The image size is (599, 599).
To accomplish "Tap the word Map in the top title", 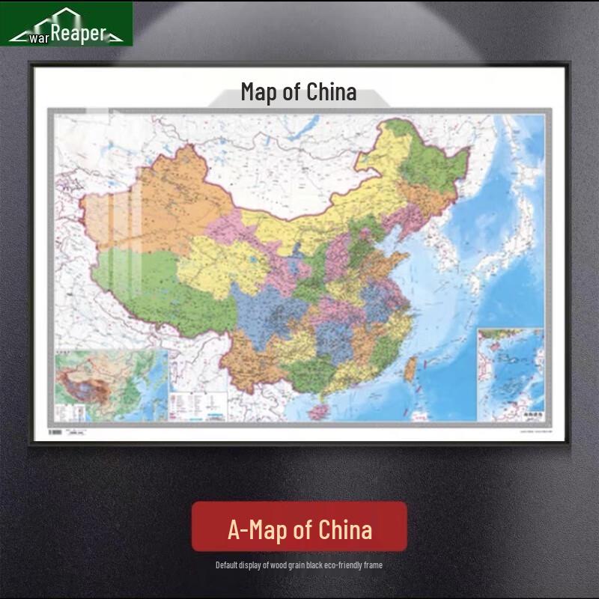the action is (x=259, y=92).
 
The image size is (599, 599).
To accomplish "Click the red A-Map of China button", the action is (x=299, y=529).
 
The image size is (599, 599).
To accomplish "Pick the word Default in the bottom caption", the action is (x=228, y=565).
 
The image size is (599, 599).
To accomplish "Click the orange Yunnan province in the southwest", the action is (x=258, y=367).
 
